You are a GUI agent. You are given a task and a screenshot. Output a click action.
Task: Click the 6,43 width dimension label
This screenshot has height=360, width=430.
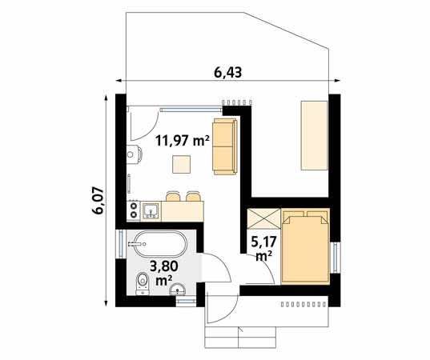click(228, 72)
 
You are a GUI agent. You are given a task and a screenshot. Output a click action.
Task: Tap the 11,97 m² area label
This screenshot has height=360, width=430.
click(183, 140)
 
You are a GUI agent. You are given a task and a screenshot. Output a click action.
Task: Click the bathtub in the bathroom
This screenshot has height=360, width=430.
click(159, 242)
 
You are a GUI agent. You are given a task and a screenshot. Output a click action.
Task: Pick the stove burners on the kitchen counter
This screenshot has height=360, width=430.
click(133, 210)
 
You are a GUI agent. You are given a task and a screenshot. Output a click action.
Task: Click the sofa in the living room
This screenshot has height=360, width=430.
click(225, 146)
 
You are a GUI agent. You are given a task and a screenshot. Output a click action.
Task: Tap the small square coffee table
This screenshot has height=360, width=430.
click(182, 164)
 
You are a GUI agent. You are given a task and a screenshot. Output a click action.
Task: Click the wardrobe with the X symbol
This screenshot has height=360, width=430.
click(263, 219)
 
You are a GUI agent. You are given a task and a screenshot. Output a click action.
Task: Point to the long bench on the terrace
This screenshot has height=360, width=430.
click(313, 134)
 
